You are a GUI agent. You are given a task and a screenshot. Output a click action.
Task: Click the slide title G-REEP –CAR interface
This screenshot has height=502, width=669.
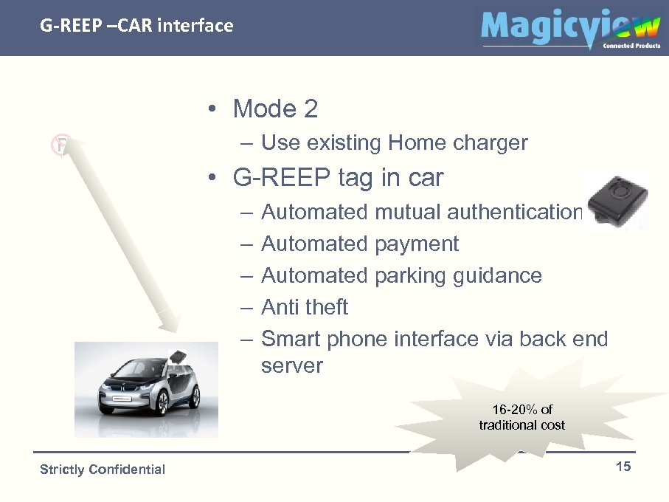(x=136, y=26)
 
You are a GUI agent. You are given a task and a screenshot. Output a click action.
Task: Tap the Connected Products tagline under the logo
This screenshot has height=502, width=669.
(x=631, y=46)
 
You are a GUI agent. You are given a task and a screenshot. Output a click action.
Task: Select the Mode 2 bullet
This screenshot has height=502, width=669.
(x=275, y=109)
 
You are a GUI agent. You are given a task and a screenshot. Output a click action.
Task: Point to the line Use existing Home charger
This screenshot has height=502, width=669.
(x=394, y=142)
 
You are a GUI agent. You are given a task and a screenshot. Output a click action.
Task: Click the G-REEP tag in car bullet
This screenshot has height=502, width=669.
(x=338, y=178)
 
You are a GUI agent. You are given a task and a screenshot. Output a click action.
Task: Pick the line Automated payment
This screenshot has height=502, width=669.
(x=360, y=244)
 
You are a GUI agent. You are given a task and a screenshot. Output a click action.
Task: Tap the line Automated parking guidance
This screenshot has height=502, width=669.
(x=401, y=275)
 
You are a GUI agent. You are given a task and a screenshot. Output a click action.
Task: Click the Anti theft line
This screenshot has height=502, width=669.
(x=305, y=307)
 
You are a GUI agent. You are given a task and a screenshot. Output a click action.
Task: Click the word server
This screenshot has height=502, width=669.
(x=292, y=366)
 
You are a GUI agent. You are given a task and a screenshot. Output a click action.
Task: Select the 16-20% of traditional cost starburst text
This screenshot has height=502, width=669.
(x=521, y=417)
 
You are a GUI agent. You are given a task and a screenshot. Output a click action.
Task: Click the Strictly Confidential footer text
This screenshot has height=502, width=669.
(x=103, y=470)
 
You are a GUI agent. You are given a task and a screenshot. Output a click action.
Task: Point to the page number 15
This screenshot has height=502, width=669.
(x=623, y=467)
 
